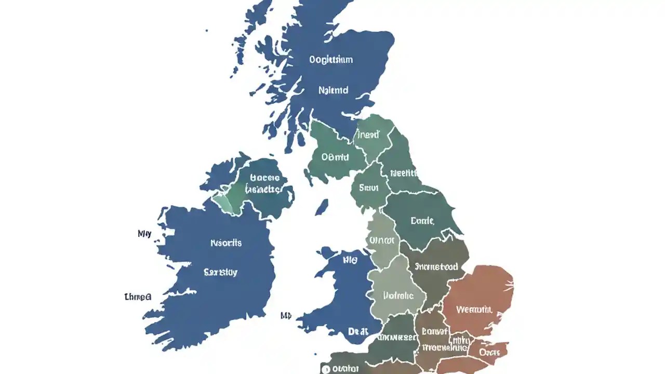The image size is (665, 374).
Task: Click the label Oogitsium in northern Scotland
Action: [330, 60]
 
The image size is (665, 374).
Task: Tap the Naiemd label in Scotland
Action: [333, 90]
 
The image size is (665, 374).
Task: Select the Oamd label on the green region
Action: [335, 156]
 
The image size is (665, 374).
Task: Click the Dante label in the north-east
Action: [422, 221]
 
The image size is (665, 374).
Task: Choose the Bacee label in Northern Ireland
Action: [265, 178]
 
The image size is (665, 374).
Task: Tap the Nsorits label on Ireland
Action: [226, 243]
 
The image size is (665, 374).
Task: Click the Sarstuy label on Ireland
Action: [221, 272]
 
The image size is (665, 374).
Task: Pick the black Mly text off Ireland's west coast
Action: [144, 234]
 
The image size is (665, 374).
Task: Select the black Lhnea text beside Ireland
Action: [138, 297]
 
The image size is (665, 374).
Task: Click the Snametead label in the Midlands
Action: [436, 266]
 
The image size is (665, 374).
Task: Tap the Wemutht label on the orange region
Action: [474, 310]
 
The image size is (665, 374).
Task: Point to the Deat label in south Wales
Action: [358, 331]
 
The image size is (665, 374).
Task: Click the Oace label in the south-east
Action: [489, 352]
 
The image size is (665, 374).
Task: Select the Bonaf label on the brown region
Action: [434, 330]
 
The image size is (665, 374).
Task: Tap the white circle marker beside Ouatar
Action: [326, 369]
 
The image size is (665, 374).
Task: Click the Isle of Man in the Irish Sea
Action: [322, 207]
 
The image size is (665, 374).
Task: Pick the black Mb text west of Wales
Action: [286, 315]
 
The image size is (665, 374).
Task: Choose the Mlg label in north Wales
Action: [351, 259]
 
